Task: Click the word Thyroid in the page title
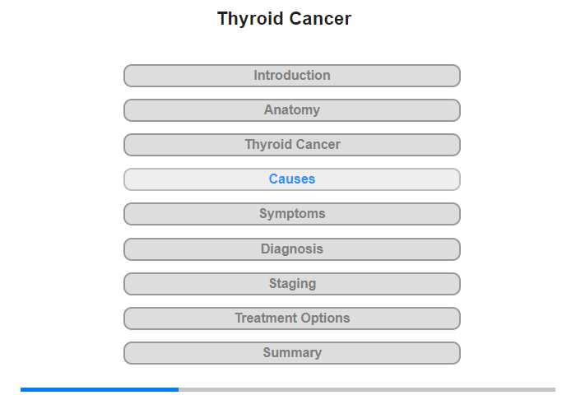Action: [250, 19]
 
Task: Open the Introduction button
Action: [292, 76]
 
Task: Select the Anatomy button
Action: [292, 110]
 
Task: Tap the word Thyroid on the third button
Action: [268, 145]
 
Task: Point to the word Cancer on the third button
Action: [318, 144]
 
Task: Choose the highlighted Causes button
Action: [292, 179]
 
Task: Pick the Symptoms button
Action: [292, 214]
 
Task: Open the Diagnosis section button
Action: [292, 249]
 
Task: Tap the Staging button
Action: [292, 284]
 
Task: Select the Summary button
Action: [292, 353]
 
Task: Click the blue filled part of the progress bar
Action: [100, 389]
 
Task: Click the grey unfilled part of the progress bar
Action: [367, 389]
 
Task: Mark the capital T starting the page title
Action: [223, 18]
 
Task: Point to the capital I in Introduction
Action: [256, 75]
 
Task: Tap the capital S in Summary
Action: [267, 352]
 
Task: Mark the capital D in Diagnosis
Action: [266, 249]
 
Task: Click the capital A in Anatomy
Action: [269, 109]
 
